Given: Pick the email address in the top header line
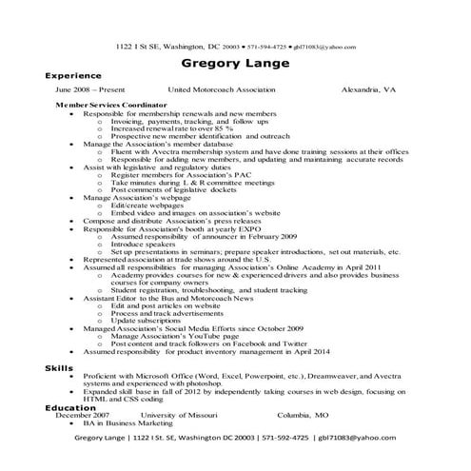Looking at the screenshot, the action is click(324, 46).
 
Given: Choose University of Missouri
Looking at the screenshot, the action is click(181, 416).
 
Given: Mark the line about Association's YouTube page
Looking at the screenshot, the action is click(170, 337).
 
